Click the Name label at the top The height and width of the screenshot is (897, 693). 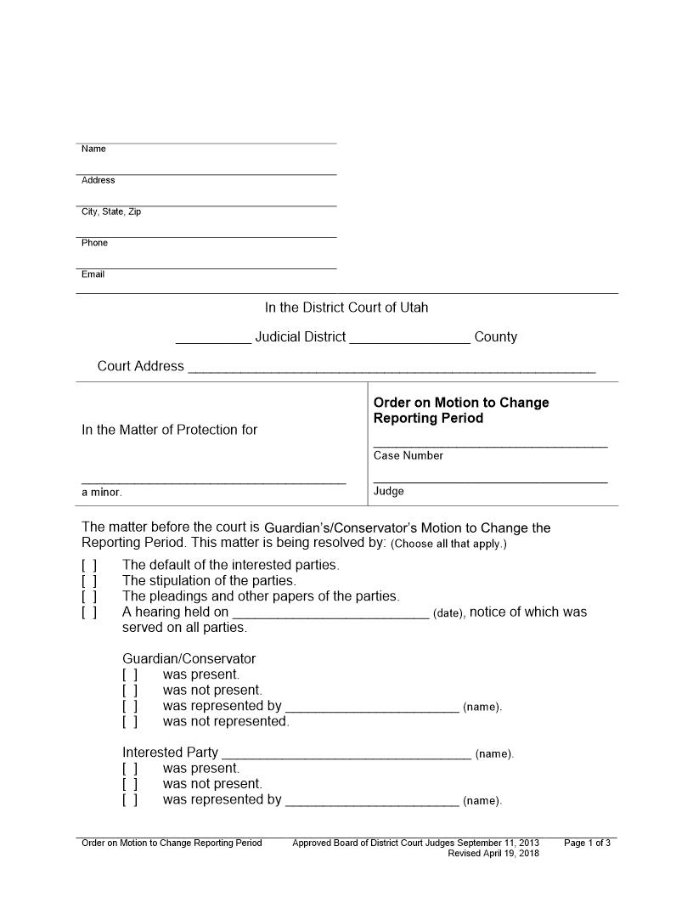coord(93,149)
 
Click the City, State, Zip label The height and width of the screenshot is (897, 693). coord(111,212)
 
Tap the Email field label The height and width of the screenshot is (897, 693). coord(93,275)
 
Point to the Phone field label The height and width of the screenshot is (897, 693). coord(94,244)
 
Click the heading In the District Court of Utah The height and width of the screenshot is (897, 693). coord(346,307)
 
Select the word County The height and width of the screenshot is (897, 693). coord(495,337)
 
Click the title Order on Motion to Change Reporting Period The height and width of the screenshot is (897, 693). coord(461,410)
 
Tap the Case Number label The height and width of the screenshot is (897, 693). coord(408,456)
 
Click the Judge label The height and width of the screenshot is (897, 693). coord(388,492)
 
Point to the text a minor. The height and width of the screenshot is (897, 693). coord(102,493)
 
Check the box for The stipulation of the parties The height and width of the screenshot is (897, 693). coord(89,581)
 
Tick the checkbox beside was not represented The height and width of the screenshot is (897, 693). coord(130,722)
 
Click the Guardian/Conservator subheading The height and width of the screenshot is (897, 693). coord(189,659)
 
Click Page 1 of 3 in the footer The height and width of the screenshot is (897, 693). coord(587,843)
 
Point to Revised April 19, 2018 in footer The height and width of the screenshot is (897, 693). coord(493,854)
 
